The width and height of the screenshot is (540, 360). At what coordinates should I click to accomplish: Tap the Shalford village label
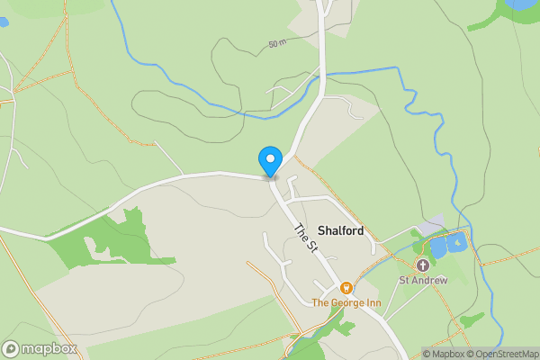coord(340,231)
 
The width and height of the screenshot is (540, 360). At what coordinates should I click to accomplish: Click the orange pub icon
coord(346,288)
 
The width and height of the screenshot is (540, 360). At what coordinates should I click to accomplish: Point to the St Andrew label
coord(424,280)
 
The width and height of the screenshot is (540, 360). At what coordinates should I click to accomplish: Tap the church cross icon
coord(423,265)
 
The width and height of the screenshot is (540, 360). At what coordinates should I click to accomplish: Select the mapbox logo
coord(40,348)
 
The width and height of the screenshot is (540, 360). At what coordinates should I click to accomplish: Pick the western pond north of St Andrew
coord(438,246)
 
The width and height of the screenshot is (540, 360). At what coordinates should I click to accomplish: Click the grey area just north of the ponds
coord(433,225)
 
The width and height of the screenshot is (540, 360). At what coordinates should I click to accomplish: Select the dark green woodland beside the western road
coord(103,238)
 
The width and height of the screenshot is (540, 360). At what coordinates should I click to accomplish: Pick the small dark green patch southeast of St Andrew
coord(471,319)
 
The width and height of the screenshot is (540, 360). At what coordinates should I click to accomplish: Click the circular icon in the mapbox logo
coord(12,348)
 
